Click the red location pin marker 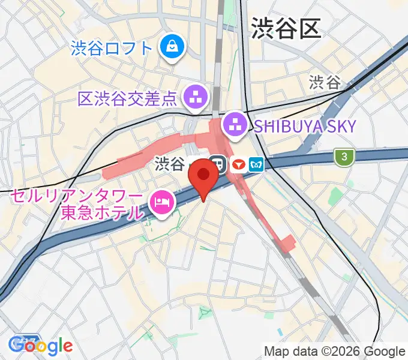click(x=203, y=176)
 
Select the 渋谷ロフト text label click(x=111, y=47)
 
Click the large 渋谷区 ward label click(x=286, y=28)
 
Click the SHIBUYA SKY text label click(x=304, y=126)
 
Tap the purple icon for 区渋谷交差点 click(x=196, y=95)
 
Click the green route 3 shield click(x=344, y=157)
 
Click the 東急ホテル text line click(x=103, y=212)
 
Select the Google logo click(x=41, y=345)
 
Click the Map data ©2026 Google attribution click(x=335, y=352)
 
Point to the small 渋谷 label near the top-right click(x=325, y=83)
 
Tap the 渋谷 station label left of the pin click(x=169, y=164)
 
